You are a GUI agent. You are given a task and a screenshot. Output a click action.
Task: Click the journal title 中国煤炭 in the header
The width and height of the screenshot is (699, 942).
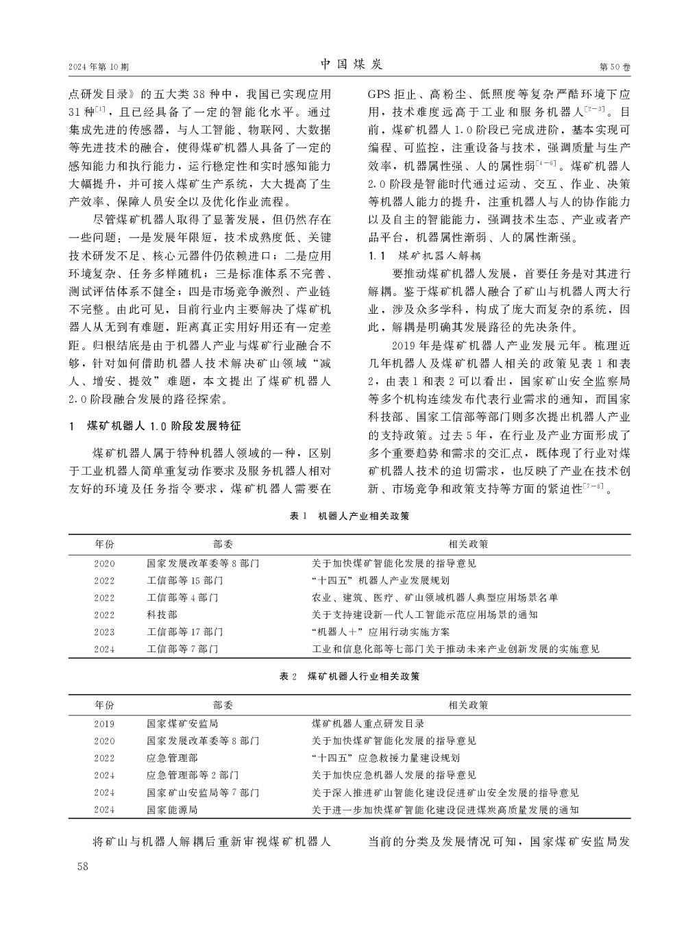tap(352, 64)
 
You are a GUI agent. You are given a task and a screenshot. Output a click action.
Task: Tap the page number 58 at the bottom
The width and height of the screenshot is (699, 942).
tap(84, 867)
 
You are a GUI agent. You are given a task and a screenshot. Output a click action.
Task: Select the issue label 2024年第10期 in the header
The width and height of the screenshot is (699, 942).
tap(99, 67)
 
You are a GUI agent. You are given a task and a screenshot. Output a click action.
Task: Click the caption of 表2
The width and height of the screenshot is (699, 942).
tap(349, 676)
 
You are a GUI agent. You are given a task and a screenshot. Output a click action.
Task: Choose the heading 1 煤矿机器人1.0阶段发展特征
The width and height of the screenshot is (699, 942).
tap(156, 426)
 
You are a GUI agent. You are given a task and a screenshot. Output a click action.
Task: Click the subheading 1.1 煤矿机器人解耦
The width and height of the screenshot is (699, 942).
tap(425, 256)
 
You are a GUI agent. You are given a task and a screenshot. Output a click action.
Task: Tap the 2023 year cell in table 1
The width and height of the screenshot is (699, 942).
tap(105, 632)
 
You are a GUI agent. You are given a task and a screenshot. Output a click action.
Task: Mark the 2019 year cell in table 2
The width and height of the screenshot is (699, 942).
tap(105, 723)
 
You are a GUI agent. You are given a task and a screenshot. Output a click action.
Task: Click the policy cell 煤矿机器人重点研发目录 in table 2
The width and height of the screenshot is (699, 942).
tap(368, 723)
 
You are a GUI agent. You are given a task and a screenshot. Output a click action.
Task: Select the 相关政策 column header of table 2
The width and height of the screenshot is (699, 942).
tap(468, 704)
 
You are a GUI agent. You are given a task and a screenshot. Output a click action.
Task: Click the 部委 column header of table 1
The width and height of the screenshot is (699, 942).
tap(223, 544)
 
